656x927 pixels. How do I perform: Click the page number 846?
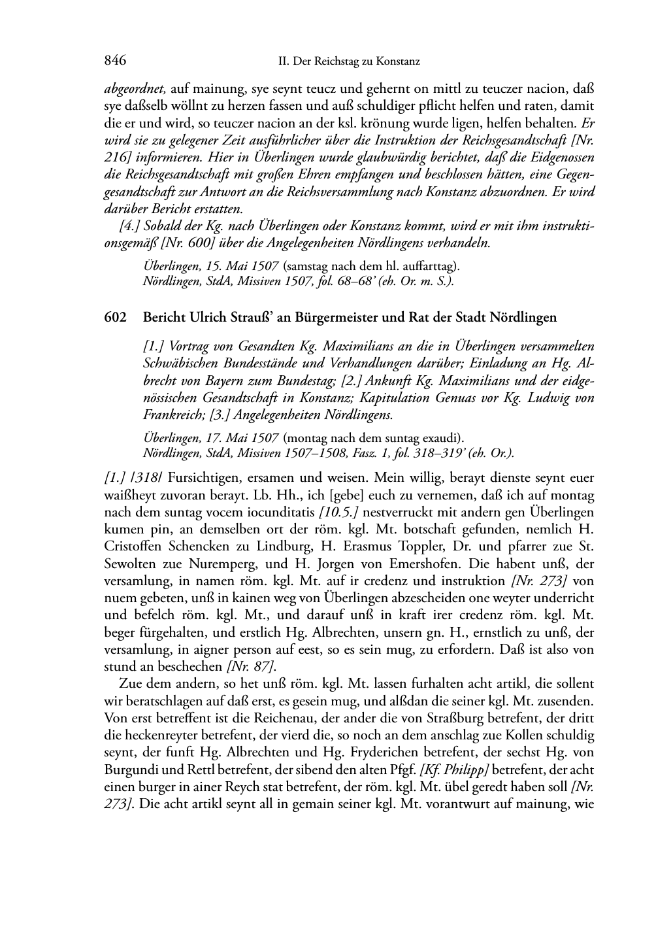pos(114,61)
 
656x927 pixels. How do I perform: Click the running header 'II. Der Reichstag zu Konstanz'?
pos(348,62)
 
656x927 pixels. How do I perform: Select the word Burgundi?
pos(129,769)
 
